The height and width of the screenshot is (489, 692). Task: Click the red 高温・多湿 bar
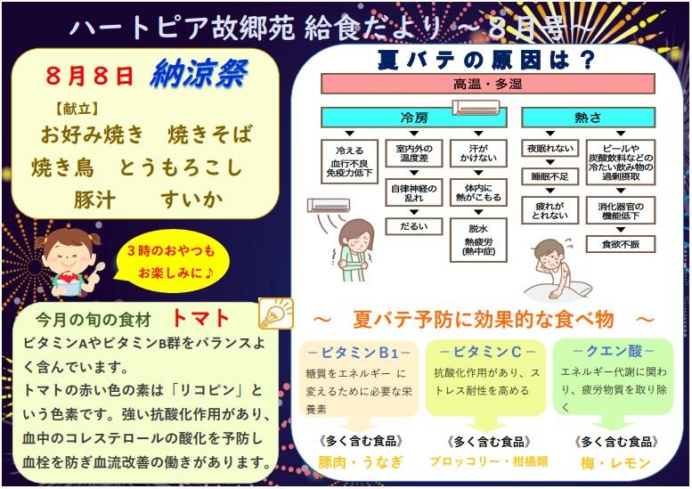click(x=488, y=84)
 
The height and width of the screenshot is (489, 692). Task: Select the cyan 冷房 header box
click(x=413, y=118)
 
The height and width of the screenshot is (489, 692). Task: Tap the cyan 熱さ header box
click(x=589, y=118)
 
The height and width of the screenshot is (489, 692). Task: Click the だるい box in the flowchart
click(x=414, y=226)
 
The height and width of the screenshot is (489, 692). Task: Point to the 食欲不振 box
click(x=621, y=244)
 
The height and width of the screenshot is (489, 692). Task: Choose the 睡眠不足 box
click(x=550, y=176)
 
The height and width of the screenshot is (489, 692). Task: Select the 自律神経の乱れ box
click(x=414, y=193)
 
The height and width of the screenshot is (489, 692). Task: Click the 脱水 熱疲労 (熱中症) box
click(x=478, y=240)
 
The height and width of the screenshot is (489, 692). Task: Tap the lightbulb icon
click(x=276, y=313)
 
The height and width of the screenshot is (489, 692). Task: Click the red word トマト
click(x=200, y=318)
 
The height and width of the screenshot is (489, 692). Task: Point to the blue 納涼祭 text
click(x=199, y=74)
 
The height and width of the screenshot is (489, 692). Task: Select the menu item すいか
click(x=192, y=200)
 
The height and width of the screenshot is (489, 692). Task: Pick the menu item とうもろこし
click(x=181, y=167)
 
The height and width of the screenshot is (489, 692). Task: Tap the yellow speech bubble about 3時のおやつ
click(x=171, y=262)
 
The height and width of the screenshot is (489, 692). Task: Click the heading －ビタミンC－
click(x=487, y=352)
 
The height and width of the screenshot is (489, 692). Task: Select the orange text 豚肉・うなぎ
click(x=361, y=462)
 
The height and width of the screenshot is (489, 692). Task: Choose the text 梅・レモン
click(x=615, y=463)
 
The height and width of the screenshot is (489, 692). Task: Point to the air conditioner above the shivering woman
click(x=329, y=205)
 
